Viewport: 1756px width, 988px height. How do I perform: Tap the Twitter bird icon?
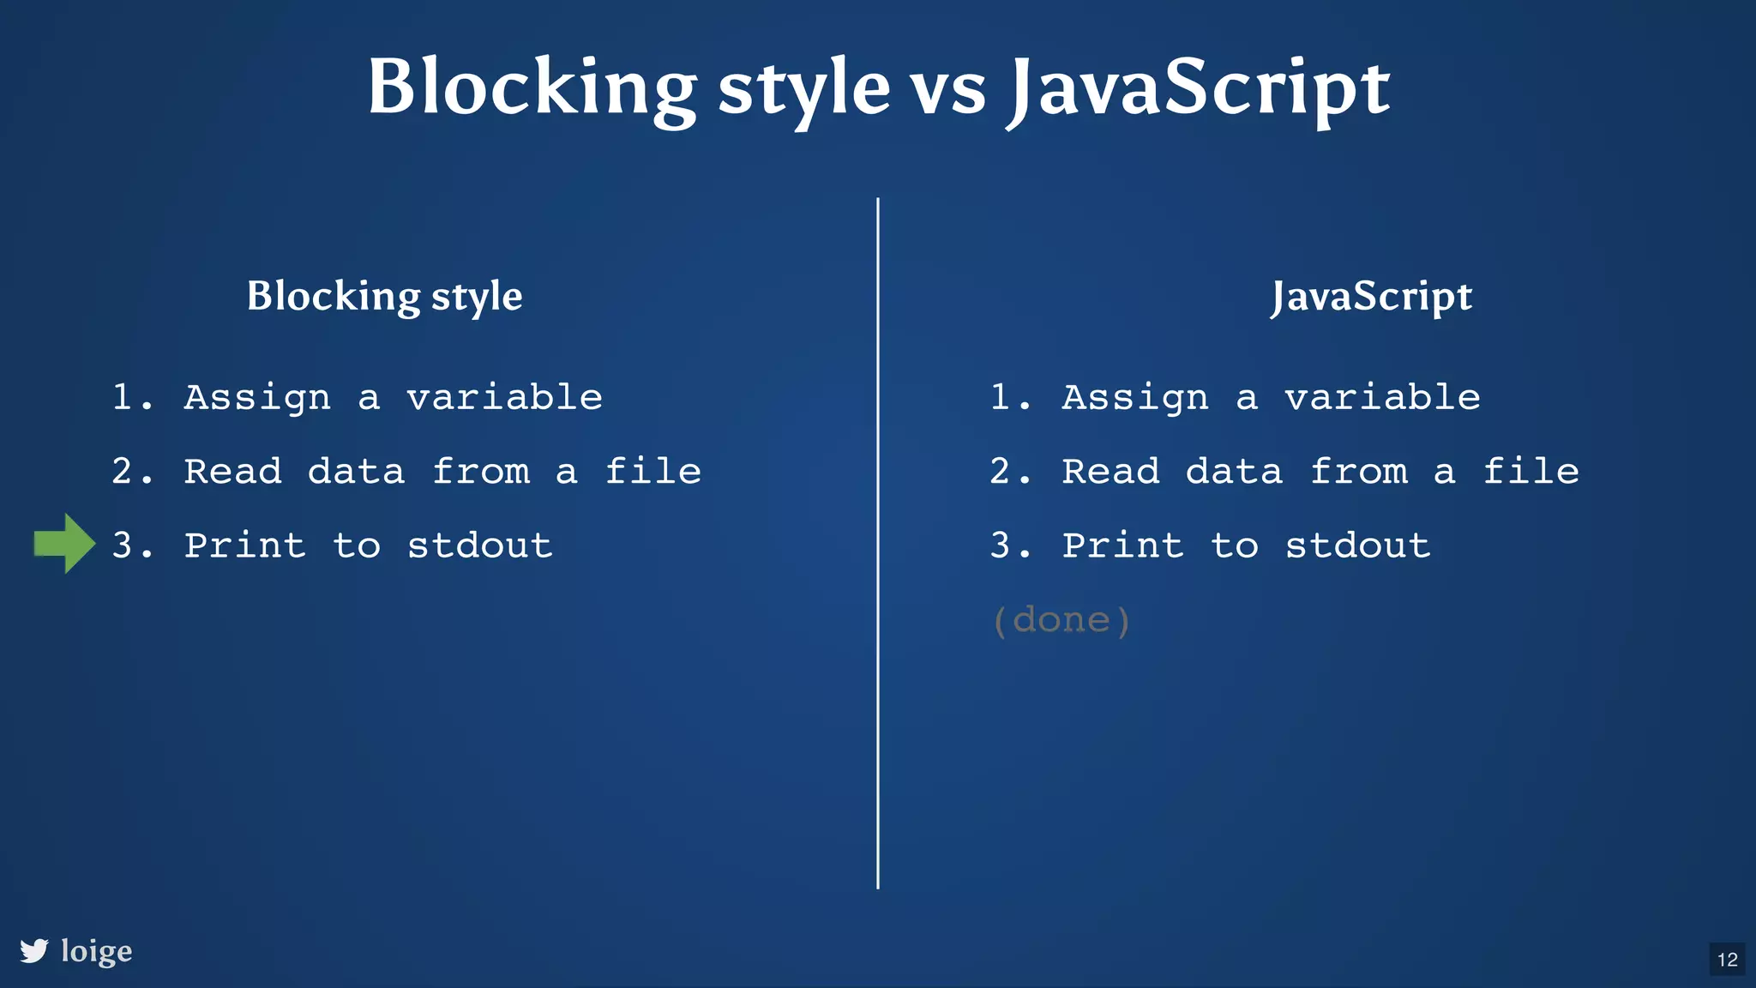[34, 950]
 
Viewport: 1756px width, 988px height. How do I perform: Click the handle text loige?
[97, 951]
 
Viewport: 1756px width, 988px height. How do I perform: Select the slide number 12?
[1727, 959]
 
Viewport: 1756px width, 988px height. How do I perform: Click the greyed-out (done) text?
[1061, 619]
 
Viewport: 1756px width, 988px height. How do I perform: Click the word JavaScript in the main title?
[1199, 89]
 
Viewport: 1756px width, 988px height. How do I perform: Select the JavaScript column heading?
[1372, 297]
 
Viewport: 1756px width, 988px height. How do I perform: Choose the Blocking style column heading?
[384, 297]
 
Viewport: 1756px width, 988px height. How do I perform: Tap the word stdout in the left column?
[480, 545]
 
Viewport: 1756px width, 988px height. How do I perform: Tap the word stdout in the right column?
[1358, 545]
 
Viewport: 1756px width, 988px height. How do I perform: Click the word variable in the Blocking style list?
[504, 397]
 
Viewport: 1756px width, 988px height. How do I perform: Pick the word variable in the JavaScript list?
[1382, 397]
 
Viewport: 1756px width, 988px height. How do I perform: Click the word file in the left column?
[653, 471]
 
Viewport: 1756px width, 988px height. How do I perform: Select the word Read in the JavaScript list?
[1111, 471]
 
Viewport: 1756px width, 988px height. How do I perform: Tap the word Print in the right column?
[1123, 545]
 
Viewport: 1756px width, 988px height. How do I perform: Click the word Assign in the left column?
[257, 398]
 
